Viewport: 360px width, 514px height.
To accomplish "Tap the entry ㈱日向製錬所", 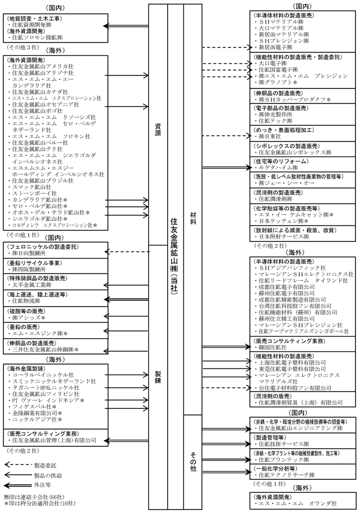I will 31,253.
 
